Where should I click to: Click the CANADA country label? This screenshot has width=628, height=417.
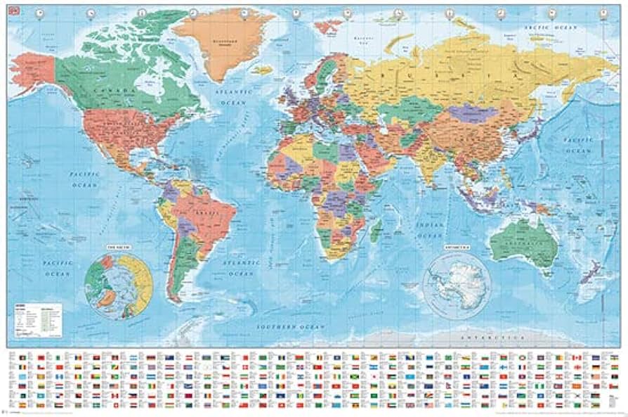[x=113, y=92]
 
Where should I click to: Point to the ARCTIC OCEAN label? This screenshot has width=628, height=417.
[x=546, y=27]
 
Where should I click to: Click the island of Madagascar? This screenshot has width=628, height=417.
[x=375, y=229]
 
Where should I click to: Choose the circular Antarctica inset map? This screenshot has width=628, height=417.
[x=457, y=285]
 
